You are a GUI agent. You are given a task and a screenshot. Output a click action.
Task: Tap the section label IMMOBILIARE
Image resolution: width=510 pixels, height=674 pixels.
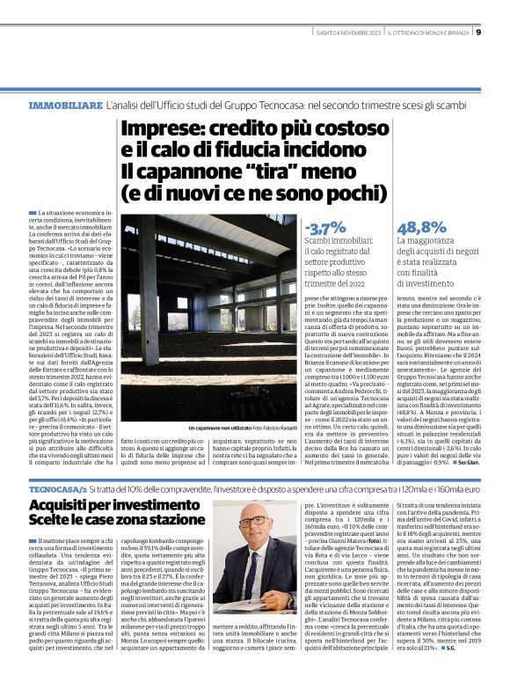[66, 105]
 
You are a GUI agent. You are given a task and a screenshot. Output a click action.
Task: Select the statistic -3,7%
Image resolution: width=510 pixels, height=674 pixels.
[325, 227]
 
